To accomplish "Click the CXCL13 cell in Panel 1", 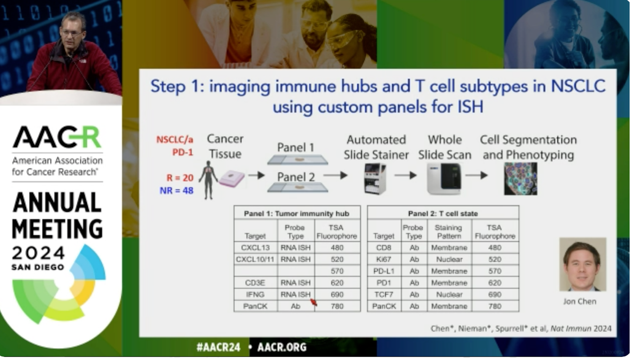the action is pos(255,248).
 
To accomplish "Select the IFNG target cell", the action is pos(255,294).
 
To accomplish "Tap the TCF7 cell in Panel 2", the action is pos(384,294).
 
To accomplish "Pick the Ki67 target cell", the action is pos(384,259).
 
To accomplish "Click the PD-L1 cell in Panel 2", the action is pos(384,271).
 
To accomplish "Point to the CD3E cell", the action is pos(255,282).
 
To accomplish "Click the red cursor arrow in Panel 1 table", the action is pos(314,302).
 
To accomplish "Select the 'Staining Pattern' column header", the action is pos(449,232).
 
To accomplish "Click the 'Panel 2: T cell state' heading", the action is pos(443,213).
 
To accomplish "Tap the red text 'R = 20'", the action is pos(180,178).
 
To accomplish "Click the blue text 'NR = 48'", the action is pos(177,191).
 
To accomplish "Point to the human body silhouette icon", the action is pos(208,180).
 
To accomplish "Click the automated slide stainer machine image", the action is pos(375,179).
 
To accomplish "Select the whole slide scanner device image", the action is pos(444,179).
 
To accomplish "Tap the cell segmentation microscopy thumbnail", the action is pos(520,179).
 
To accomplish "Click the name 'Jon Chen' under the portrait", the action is pos(580,302).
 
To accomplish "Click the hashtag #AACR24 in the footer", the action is pos(218,347).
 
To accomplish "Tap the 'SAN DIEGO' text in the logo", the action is pos(38,267).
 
